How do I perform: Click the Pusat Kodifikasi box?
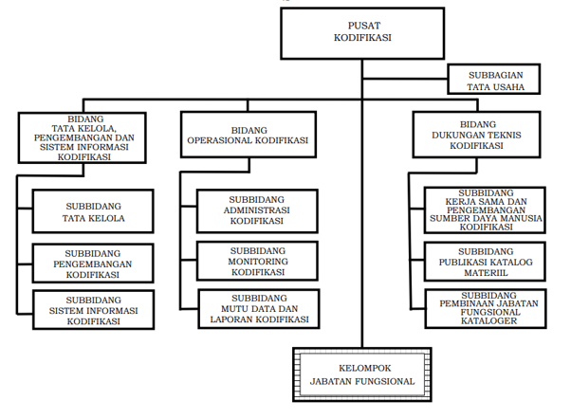(x=362, y=33)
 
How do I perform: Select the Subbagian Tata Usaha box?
(x=494, y=79)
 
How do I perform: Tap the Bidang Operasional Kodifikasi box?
(x=249, y=135)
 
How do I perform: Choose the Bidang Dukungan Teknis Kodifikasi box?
(x=476, y=135)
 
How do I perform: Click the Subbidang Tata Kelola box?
(x=93, y=211)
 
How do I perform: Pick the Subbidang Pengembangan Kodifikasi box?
(x=93, y=264)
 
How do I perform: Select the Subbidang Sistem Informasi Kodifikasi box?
(x=93, y=310)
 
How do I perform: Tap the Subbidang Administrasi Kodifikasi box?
(x=257, y=210)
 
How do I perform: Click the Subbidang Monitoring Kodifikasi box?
(x=257, y=261)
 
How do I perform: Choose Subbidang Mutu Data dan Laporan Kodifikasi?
(x=259, y=309)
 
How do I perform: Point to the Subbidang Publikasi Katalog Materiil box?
(x=485, y=262)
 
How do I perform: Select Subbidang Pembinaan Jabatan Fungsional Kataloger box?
(x=486, y=308)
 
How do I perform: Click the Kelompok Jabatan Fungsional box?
(x=362, y=374)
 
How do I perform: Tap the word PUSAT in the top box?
(x=364, y=26)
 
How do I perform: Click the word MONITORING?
(x=258, y=262)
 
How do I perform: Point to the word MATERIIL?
(x=486, y=273)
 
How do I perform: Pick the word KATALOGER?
(x=488, y=320)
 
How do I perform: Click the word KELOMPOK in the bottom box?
(x=364, y=368)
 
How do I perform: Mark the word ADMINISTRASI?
(x=257, y=210)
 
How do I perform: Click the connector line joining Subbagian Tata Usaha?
(x=405, y=79)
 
